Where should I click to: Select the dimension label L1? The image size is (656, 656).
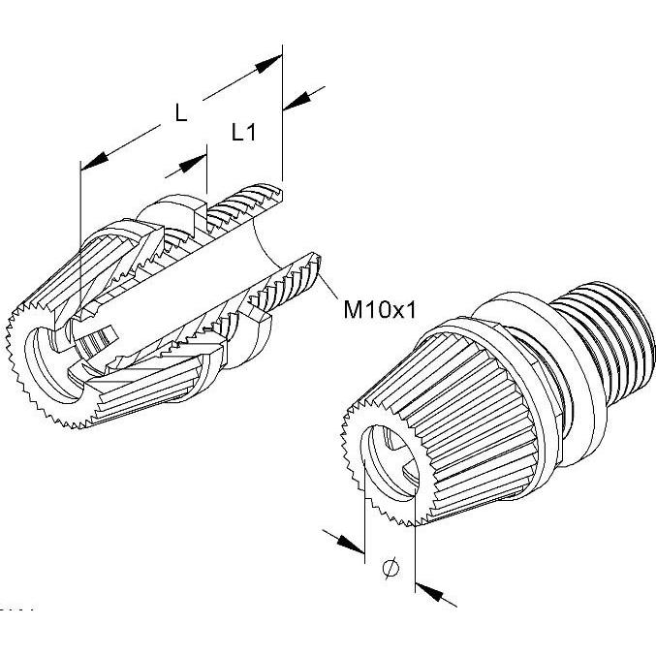242,134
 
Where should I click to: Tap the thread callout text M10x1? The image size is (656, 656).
380,310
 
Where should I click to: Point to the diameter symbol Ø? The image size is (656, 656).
390,569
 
